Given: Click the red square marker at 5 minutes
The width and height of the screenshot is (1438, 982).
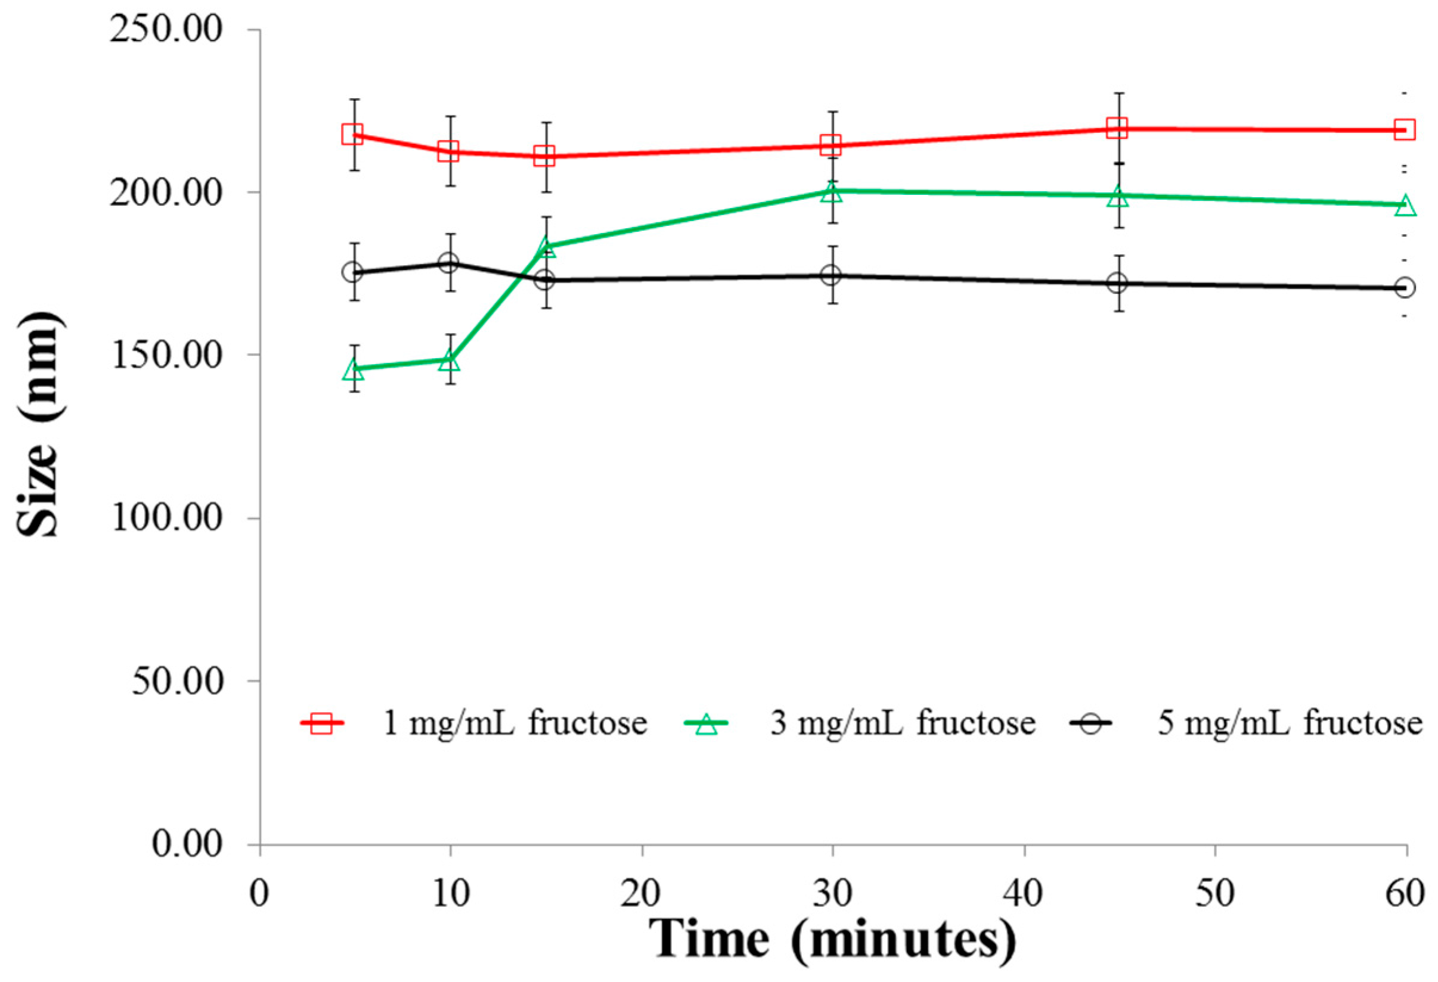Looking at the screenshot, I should tap(353, 134).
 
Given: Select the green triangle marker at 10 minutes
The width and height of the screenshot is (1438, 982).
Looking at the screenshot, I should tap(449, 361).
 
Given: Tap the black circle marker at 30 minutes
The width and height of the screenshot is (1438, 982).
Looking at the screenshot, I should tap(831, 275).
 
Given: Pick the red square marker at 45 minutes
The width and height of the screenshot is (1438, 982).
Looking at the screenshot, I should tap(1117, 129).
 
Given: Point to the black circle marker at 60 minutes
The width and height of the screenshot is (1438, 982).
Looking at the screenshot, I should tap(1405, 288).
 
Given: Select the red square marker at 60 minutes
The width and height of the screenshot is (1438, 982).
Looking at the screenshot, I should tap(1404, 129).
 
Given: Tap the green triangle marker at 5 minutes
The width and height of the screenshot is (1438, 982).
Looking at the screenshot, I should tap(354, 370).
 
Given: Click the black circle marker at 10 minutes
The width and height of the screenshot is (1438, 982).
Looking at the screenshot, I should tap(448, 263).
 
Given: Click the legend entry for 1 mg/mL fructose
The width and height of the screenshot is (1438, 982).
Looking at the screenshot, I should tap(473, 723).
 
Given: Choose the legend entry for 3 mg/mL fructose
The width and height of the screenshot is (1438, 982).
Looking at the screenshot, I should tap(860, 723).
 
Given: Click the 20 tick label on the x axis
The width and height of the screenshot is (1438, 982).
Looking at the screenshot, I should tap(641, 894).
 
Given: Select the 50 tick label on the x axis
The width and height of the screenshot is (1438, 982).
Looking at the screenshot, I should tap(1214, 894).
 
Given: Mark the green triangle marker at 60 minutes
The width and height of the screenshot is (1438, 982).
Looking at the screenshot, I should tap(1405, 206).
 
